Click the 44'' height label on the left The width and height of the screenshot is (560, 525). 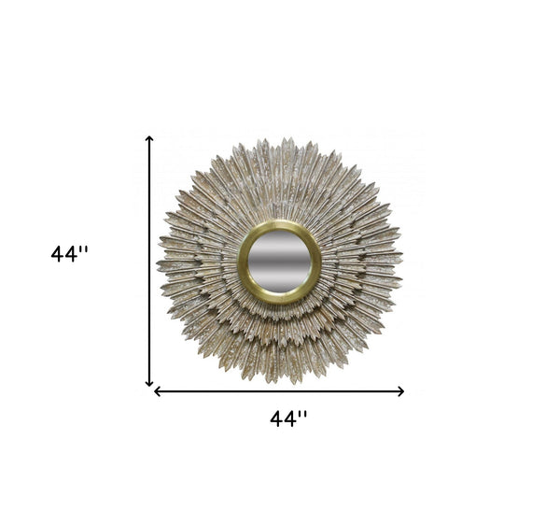[x=70, y=254]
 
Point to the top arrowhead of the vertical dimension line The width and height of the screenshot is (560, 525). [x=149, y=139]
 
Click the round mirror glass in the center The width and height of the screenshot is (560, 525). [x=280, y=262]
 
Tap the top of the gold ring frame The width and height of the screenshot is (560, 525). [x=280, y=225]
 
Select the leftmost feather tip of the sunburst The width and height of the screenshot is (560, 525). [x=158, y=265]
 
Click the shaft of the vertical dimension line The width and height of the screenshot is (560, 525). [x=149, y=262]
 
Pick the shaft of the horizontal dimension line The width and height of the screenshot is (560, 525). [x=280, y=391]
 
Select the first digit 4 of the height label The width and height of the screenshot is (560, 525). [x=58, y=254]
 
